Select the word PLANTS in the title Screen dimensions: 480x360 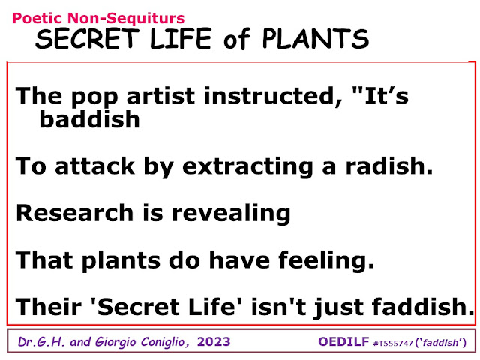[x=316, y=38]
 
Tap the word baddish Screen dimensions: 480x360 [x=89, y=119]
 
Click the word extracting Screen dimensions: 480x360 [x=247, y=167]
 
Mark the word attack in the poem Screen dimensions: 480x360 [x=95, y=166]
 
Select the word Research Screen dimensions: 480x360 [x=75, y=213]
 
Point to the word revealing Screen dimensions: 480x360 [x=231, y=214]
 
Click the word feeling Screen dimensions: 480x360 [x=326, y=261]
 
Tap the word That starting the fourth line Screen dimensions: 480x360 [x=44, y=260]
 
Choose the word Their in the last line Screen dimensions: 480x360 [x=48, y=307]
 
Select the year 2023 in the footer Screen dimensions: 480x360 [x=214, y=342]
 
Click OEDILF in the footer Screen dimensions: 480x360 [x=343, y=342]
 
